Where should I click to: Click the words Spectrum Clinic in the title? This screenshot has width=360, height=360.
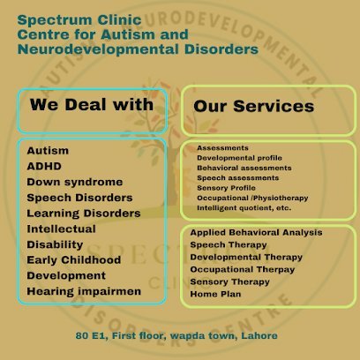(79, 21)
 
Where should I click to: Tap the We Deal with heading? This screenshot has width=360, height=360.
(92, 105)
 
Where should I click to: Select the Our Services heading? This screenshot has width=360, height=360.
(254, 106)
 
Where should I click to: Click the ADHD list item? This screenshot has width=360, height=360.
(44, 166)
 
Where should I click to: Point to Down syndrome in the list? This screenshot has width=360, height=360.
(75, 183)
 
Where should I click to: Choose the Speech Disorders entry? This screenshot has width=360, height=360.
(79, 198)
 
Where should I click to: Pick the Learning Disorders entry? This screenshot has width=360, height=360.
(84, 214)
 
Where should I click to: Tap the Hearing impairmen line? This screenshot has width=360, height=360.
(84, 291)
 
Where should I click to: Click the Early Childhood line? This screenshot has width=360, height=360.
(74, 260)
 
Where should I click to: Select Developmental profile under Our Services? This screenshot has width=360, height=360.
(239, 158)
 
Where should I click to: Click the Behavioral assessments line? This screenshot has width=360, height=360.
(244, 168)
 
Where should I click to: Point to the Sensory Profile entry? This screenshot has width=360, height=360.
(226, 188)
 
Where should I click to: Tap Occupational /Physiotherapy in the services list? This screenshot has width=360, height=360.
(252, 198)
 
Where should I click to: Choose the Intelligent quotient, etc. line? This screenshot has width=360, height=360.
(244, 208)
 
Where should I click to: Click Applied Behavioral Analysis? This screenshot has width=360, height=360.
(256, 233)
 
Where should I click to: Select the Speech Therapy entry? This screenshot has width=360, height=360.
(229, 245)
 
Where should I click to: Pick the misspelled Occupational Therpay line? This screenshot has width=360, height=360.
(243, 270)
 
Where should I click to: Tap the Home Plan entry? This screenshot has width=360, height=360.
(215, 294)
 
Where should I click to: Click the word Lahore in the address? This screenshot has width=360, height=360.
(259, 335)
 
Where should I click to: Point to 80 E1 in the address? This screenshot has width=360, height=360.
(90, 336)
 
